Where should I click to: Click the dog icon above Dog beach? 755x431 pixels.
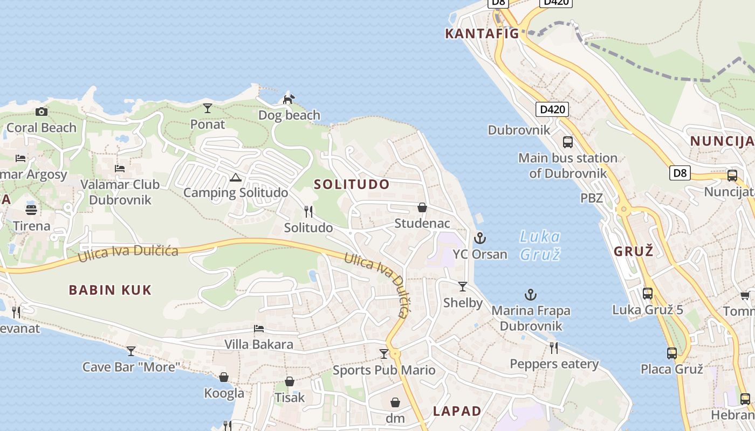coord(289,99)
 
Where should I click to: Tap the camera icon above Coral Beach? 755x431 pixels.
coord(42,112)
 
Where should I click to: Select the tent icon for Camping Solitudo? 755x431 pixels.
coord(235,177)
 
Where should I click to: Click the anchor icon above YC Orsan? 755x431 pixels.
coord(479,238)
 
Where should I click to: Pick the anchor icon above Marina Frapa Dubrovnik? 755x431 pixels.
coord(531,295)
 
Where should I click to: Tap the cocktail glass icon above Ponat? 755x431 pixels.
coord(208,108)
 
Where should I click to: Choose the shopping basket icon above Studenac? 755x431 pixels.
coord(422,207)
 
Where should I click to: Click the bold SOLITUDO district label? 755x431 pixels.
coord(352,184)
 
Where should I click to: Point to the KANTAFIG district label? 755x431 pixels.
coord(482,34)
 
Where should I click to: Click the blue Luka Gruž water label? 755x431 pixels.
coord(540,245)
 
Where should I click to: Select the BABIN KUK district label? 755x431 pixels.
coord(110,290)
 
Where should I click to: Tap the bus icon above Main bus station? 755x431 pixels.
coord(567,142)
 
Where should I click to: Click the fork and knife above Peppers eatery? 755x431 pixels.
coord(554,347)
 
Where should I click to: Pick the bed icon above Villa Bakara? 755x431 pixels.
coord(259,329)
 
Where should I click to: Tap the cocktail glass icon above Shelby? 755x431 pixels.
coord(463,286)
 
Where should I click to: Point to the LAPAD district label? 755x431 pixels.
coord(457,411)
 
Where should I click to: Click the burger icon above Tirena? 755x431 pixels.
coord(31,210)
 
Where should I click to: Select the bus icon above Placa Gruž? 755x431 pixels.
coord(671,353)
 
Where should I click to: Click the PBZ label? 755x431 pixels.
coord(591,198)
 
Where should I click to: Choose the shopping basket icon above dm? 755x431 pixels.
coord(395,402)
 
